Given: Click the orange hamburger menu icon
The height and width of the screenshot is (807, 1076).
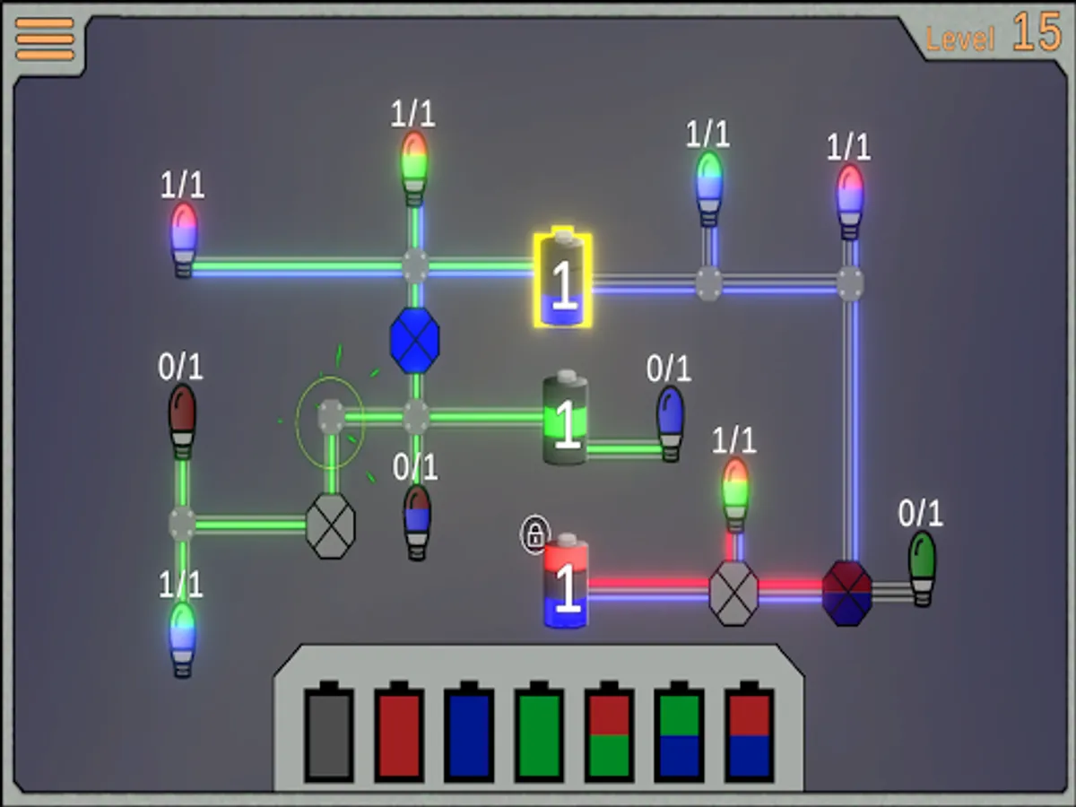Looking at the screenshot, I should tap(45, 39).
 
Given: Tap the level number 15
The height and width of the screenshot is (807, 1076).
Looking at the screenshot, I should tap(1037, 34).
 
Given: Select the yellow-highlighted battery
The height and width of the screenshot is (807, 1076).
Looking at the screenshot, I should tap(562, 280).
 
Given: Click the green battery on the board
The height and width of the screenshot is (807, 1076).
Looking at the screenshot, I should tap(566, 420).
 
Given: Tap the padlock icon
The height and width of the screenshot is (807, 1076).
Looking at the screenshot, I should tap(534, 535).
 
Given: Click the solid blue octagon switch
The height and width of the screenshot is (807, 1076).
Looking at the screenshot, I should tap(415, 340).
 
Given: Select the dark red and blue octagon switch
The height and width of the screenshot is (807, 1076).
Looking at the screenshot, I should tap(847, 593).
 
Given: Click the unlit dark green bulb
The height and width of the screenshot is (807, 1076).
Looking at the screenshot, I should tap(922, 567).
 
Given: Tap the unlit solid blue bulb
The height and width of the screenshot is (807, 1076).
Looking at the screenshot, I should tap(670, 421).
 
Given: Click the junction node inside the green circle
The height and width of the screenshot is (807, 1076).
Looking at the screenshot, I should tap(331, 415).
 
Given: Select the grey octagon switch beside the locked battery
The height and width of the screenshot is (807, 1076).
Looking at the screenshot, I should tap(733, 593).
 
